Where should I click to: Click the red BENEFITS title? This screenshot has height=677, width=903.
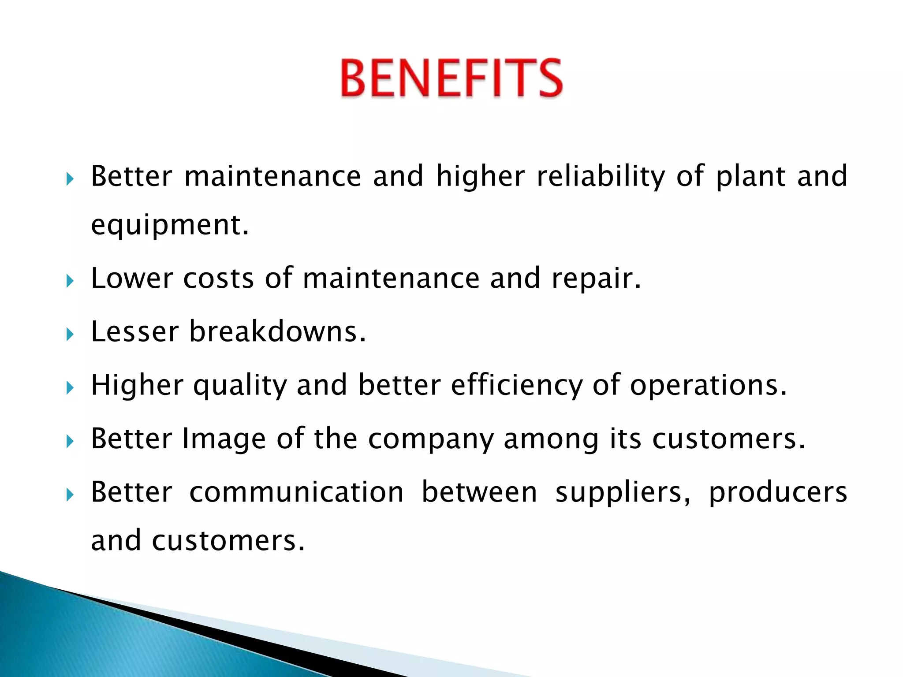pos(451,78)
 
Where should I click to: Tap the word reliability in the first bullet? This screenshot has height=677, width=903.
pos(601,176)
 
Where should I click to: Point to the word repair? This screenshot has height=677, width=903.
pos(596,279)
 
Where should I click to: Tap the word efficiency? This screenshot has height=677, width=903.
pos(516,386)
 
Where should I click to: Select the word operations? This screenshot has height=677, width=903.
pos(708,386)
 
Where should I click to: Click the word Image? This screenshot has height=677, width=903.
pos(224,439)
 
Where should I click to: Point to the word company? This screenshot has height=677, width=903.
pos(431,440)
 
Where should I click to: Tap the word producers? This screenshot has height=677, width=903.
pos(778,493)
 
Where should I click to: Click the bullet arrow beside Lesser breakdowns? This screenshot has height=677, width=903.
pos(70,335)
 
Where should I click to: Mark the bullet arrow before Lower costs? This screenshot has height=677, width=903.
pos(70,281)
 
